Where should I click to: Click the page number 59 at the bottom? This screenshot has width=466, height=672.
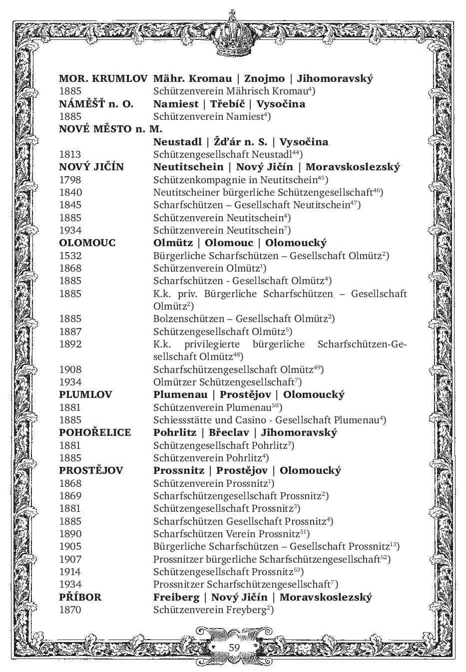click(234, 648)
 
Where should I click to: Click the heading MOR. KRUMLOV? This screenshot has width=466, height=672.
click(103, 78)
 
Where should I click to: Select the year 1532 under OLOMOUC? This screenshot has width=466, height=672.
click(70, 256)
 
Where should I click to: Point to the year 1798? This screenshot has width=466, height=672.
click(70, 180)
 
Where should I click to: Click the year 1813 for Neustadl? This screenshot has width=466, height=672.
click(70, 154)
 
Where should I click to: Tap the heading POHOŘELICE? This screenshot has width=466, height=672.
click(95, 432)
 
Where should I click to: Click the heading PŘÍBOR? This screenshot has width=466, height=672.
click(80, 597)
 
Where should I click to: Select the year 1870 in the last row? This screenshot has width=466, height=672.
click(70, 610)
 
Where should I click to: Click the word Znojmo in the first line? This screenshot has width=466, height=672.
click(264, 78)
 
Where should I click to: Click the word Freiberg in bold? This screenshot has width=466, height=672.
click(178, 597)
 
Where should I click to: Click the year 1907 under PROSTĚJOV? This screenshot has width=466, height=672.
click(70, 559)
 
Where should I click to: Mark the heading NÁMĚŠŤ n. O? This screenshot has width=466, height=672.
click(96, 104)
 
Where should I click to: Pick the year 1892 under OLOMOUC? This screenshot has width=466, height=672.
click(70, 344)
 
